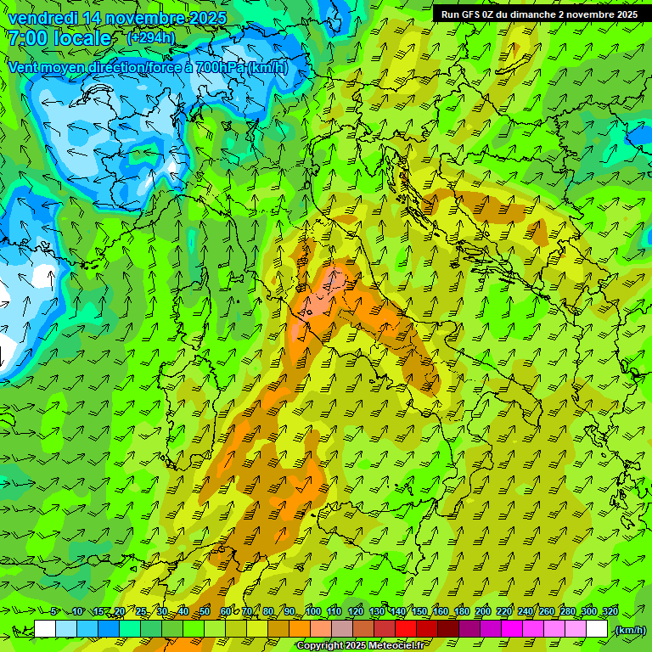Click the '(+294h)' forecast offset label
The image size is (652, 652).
(150, 38)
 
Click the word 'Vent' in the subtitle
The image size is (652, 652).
(25, 67)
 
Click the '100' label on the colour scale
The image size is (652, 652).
(312, 612)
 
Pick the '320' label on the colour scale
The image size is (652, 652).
(610, 612)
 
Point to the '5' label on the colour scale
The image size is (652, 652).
(53, 612)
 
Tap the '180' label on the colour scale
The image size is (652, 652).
(461, 612)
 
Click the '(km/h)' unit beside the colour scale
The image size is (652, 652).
(629, 630)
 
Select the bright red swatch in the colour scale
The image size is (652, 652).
(406, 629)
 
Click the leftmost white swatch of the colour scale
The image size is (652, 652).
(45, 629)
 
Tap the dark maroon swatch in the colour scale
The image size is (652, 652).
(448, 629)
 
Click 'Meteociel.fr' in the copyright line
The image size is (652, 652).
(393, 646)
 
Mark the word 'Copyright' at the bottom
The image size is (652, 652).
(320, 646)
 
